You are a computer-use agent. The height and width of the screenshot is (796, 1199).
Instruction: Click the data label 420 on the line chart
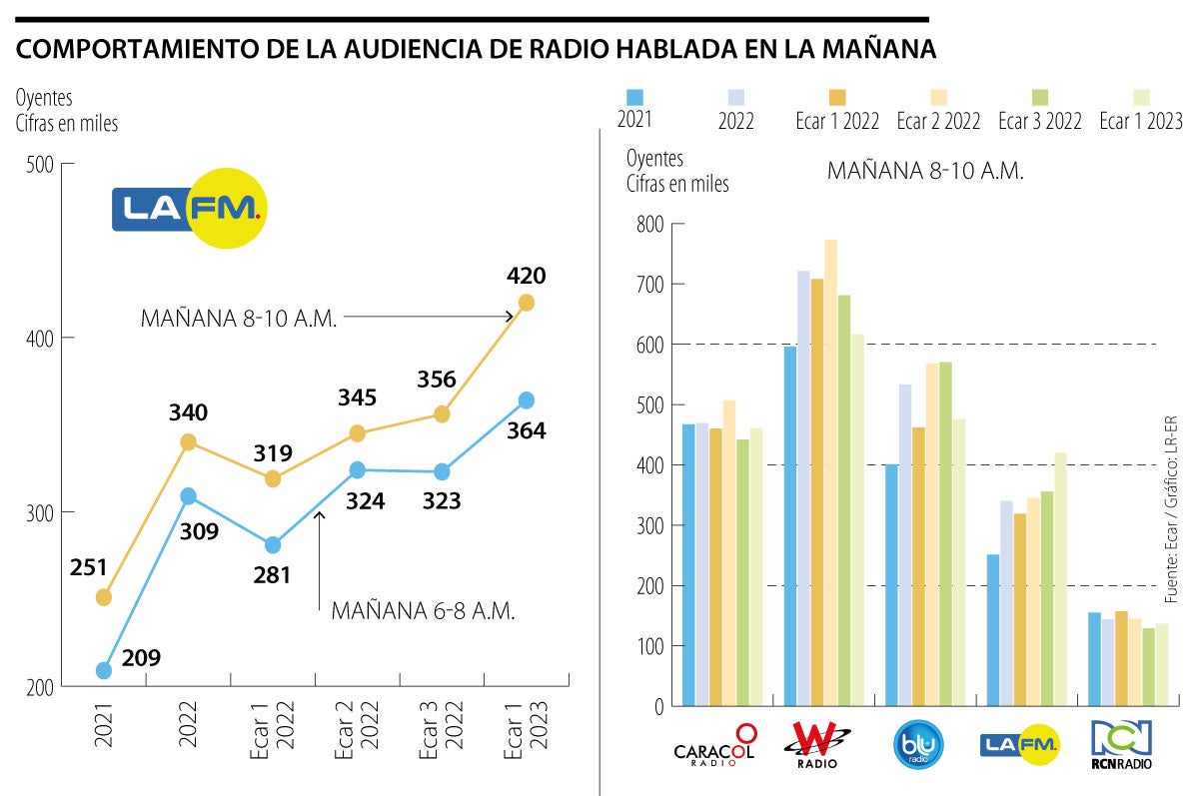click(527, 276)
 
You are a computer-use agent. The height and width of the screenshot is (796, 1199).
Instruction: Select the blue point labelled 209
click(103, 670)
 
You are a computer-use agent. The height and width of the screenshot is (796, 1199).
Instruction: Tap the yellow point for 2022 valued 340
click(188, 441)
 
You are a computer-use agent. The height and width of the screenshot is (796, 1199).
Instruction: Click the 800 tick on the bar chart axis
click(649, 225)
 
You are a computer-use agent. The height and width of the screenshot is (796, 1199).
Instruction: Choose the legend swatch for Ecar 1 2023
click(1141, 97)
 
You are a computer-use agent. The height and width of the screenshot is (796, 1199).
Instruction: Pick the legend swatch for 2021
click(634, 97)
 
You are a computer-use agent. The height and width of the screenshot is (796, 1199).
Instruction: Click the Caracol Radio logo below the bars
click(714, 745)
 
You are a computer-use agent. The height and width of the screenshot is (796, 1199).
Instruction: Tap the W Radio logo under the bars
click(821, 745)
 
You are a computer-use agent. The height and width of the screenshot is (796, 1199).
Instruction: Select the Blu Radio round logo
click(917, 744)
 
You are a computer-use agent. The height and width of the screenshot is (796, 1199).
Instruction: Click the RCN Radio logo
click(1121, 745)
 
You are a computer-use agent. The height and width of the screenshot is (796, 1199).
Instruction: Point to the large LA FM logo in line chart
click(190, 208)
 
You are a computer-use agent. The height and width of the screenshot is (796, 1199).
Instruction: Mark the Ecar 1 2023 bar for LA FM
click(1059, 579)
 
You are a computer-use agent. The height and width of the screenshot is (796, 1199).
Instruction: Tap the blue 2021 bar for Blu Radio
click(891, 585)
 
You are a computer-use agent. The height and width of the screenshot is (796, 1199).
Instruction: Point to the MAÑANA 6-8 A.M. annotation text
click(423, 611)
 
